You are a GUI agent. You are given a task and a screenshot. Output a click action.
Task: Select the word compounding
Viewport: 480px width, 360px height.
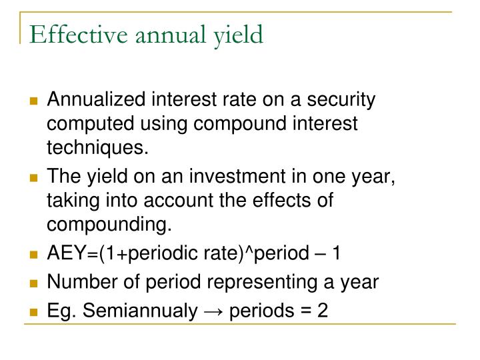[109, 225]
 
